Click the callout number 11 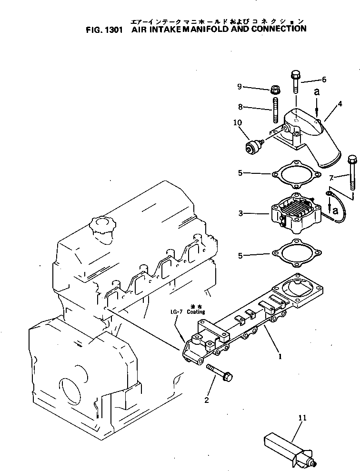302,418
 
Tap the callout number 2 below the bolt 206,400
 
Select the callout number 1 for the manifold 280,355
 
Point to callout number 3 241,214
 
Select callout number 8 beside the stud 240,107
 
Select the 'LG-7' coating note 177,312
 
